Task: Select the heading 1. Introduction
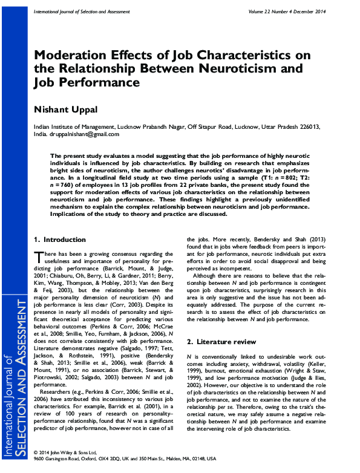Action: click(x=60, y=240)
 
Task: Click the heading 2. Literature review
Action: click(x=220, y=342)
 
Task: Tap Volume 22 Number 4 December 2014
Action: click(x=289, y=12)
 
